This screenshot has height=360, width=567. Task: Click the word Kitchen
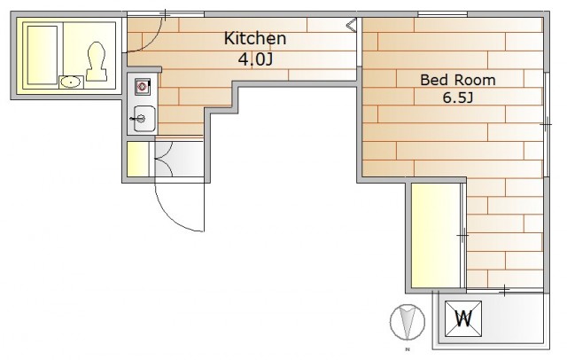coord(255,38)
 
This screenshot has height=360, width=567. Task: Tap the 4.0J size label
coord(255,59)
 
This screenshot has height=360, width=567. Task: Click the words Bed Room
coord(457,80)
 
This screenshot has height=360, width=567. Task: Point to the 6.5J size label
coord(458,98)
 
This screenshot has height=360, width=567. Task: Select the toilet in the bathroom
coord(97,61)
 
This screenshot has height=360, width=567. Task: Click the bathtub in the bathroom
coord(43,55)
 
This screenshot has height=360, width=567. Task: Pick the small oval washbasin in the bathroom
coord(71,82)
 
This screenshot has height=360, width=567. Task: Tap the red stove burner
coord(142,87)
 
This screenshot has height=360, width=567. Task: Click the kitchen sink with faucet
coord(144,119)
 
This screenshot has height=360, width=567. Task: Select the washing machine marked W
coord(463,318)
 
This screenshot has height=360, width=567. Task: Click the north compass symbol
coord(408,322)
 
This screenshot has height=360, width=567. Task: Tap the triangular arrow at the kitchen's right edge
coord(352,26)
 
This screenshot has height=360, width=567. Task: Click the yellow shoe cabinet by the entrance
coord(138,159)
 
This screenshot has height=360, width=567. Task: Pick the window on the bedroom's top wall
coord(443,14)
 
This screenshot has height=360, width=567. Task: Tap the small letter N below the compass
coord(408,349)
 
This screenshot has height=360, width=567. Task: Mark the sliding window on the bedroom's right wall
coord(547,124)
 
